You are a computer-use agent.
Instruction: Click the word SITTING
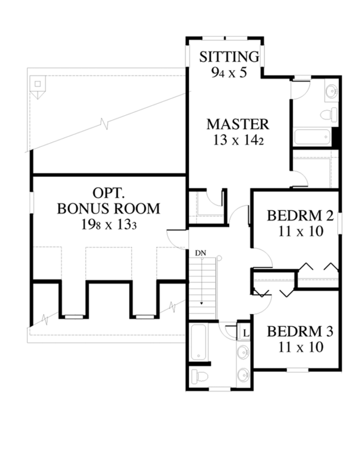pos(229,57)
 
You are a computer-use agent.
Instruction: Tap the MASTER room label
pos(238,125)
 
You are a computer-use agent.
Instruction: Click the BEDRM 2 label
pos(295,215)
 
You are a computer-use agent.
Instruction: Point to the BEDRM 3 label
pos(295,332)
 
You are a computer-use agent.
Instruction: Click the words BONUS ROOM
pos(109,209)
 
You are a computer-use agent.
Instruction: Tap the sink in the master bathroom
pos(331,92)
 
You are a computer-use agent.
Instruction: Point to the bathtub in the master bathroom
pos(312,137)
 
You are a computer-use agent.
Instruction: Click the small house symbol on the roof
pos(38,88)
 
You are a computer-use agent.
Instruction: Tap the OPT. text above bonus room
pos(109,194)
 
